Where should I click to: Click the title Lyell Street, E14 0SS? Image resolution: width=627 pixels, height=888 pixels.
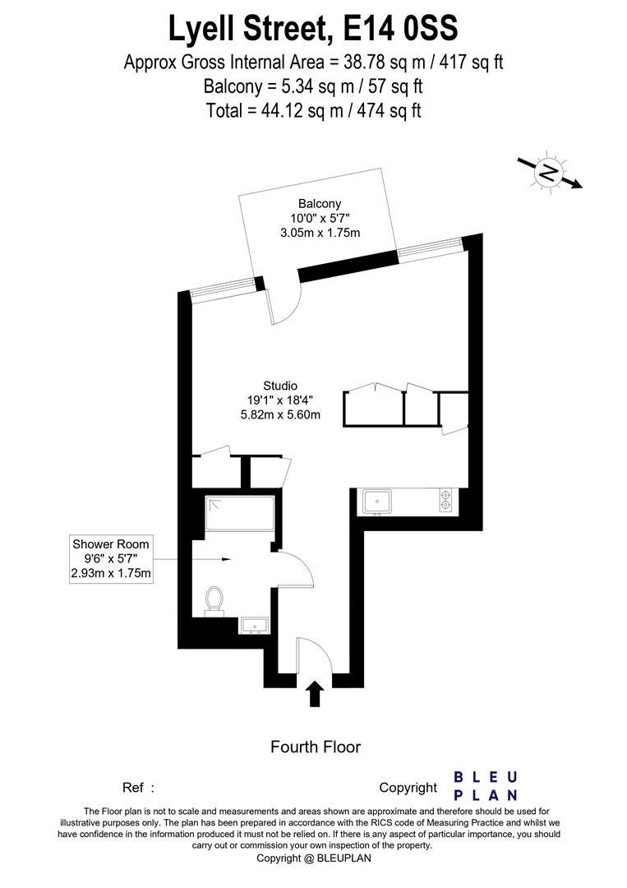pyautogui.click(x=313, y=30)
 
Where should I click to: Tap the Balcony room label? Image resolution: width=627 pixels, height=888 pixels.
pyautogui.click(x=320, y=204)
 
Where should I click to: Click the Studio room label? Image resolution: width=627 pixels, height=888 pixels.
pyautogui.click(x=280, y=386)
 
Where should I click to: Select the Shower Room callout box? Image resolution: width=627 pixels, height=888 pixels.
pyautogui.click(x=112, y=559)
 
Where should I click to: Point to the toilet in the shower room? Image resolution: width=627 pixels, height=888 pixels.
pyautogui.click(x=215, y=599)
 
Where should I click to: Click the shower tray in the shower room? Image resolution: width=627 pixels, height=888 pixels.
pyautogui.click(x=240, y=514)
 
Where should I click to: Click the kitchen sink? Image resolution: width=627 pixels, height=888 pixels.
pyautogui.click(x=378, y=500)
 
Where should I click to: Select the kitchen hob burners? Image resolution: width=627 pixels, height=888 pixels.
pyautogui.click(x=446, y=500)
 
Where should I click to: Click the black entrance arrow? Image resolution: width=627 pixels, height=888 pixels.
pyautogui.click(x=314, y=692)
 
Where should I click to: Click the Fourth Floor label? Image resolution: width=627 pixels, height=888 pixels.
pyautogui.click(x=316, y=747)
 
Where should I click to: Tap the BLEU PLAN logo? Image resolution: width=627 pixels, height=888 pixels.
pyautogui.click(x=486, y=785)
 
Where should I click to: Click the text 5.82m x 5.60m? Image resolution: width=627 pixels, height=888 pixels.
pyautogui.click(x=280, y=415)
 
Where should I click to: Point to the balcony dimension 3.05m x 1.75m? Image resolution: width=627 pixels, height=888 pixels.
pyautogui.click(x=320, y=234)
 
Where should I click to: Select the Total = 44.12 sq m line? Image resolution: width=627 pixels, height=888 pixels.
pyautogui.click(x=313, y=109)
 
